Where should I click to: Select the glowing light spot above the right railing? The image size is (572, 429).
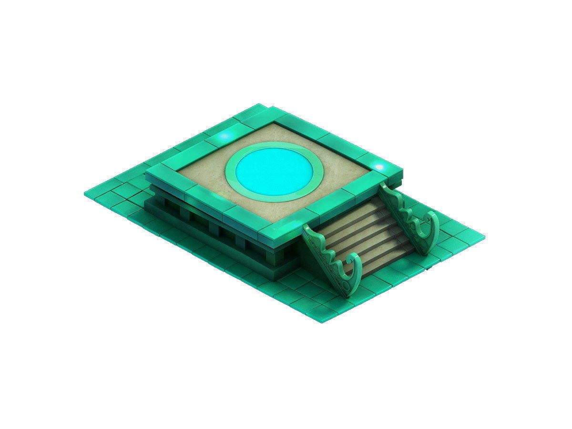click(x=379, y=167)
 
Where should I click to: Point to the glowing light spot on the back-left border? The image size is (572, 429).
click(x=224, y=138)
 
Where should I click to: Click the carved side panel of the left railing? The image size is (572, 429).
click(x=329, y=257)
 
